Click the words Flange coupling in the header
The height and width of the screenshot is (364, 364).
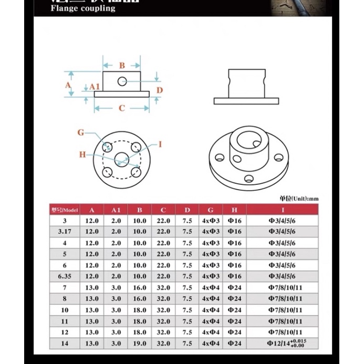pyautogui.click(x=83, y=8)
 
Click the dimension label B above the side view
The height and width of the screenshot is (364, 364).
pyautogui.click(x=122, y=66)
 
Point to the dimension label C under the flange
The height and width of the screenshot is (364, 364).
pyautogui.click(x=122, y=108)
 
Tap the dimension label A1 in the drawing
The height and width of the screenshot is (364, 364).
pyautogui.click(x=95, y=86)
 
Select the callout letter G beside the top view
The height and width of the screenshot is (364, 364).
pyautogui.click(x=81, y=132)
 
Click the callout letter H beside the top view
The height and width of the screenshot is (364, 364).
pyautogui.click(x=82, y=154)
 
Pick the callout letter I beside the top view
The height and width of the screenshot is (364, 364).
pyautogui.click(x=160, y=144)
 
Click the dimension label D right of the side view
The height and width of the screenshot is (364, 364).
pyautogui.click(x=160, y=90)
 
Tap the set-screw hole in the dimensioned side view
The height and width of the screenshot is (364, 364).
pyautogui.click(x=122, y=81)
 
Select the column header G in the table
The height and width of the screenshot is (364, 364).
pyautogui.click(x=211, y=210)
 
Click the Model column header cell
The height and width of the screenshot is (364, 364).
pyautogui.click(x=65, y=210)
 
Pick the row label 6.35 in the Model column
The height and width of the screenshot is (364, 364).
pyautogui.click(x=65, y=276)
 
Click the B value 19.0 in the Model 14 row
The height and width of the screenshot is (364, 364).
pyautogui.click(x=140, y=343)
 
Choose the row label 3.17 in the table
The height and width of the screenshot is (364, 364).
pyautogui.click(x=65, y=232)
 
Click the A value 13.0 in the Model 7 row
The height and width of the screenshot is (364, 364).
pyautogui.click(x=92, y=287)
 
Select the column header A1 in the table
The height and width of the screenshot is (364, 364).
pyautogui.click(x=116, y=210)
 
